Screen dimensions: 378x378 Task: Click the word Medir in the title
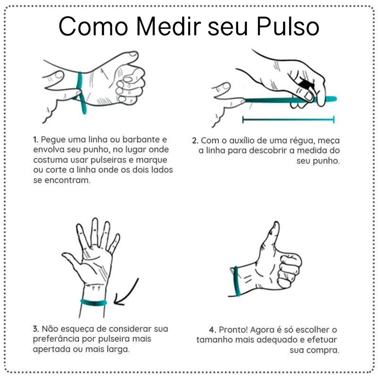(169, 26)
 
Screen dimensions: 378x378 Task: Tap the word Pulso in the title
(288, 26)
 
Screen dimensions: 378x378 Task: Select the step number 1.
(36, 139)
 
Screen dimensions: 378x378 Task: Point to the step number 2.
(195, 141)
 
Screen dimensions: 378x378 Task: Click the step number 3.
(36, 329)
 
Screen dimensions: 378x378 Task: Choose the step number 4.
(212, 330)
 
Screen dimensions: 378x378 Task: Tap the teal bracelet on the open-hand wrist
(93, 302)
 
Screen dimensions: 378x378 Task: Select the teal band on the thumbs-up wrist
(237, 281)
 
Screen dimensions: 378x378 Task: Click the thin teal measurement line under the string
(288, 119)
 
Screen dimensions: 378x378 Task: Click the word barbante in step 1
(141, 139)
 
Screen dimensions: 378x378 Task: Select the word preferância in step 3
(56, 339)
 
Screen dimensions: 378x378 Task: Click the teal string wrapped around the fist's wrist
(81, 93)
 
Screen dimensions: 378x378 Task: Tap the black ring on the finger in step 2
(305, 84)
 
